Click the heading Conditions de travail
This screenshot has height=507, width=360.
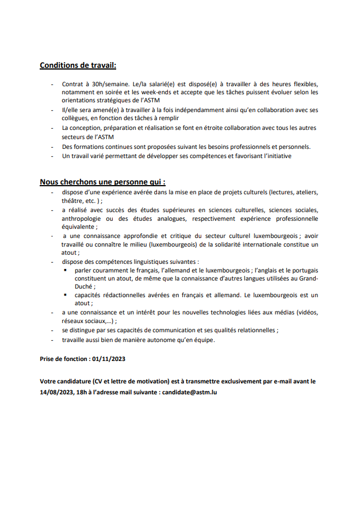click(x=78, y=66)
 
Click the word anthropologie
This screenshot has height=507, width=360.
click(x=84, y=218)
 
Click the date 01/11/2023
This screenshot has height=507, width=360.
click(x=108, y=359)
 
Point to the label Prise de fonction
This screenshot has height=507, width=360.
click(x=63, y=359)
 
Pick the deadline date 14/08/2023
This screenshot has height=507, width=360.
click(x=58, y=392)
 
